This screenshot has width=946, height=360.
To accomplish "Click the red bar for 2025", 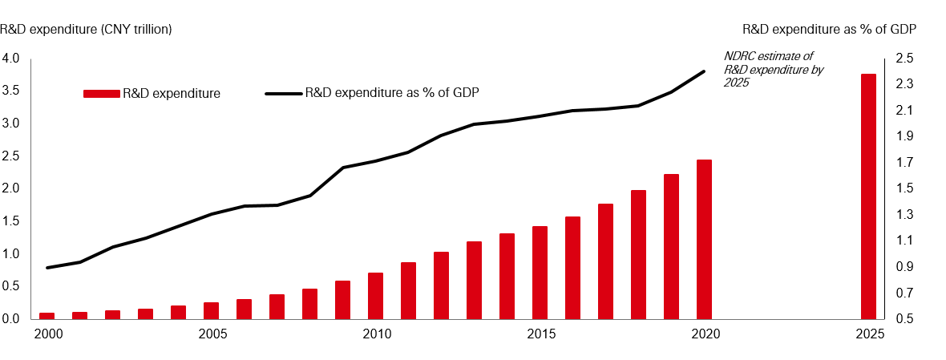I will click(x=868, y=196).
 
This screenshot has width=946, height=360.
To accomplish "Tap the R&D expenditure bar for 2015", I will click(x=540, y=273).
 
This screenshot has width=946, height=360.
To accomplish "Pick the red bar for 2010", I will click(x=375, y=296).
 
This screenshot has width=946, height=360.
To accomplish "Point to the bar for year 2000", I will click(x=46, y=315).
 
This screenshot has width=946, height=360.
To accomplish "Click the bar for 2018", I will click(x=638, y=254).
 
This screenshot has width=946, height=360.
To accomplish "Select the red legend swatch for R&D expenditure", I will click(x=101, y=94).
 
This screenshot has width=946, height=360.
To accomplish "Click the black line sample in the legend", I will click(x=283, y=94).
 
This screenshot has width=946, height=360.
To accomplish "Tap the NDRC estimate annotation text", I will click(x=768, y=69).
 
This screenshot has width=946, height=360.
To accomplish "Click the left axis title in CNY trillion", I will click(x=87, y=29).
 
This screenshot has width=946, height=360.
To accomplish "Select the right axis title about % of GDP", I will click(x=829, y=29).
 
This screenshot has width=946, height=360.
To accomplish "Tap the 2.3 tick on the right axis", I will click(x=904, y=84).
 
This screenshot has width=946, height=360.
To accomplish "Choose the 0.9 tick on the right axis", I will click(x=904, y=267).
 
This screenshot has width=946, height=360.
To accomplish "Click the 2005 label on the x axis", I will click(x=211, y=333).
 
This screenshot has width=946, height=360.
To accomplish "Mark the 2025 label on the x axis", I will click(x=868, y=333).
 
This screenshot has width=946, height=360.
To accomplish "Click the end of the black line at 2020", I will click(x=704, y=71).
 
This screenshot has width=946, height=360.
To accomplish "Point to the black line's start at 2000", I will click(x=46, y=268).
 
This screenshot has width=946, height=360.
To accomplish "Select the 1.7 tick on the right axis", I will click(x=904, y=163).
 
